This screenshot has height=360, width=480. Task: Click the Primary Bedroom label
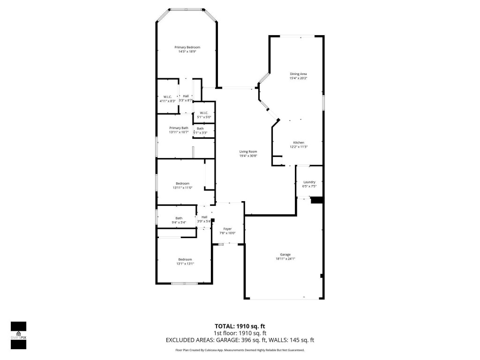(x=187, y=47)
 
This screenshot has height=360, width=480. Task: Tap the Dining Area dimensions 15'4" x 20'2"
(x=298, y=78)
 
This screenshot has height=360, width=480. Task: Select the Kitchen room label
(x=299, y=142)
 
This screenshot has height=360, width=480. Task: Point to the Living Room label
(x=248, y=151)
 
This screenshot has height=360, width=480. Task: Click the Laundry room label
(x=309, y=182)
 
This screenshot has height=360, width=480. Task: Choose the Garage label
(x=285, y=255)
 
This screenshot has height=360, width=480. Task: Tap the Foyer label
(x=227, y=229)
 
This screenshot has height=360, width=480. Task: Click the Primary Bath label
(x=179, y=128)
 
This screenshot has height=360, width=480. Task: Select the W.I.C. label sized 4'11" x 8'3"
(x=167, y=97)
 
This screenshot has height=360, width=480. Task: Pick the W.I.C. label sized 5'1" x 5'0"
(x=204, y=112)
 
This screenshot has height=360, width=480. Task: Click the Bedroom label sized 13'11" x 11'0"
(x=182, y=183)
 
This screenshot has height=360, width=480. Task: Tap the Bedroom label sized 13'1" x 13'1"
(x=185, y=260)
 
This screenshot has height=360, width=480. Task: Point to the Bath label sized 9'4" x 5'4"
(x=179, y=218)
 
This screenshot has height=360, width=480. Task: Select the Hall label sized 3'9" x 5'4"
(x=204, y=217)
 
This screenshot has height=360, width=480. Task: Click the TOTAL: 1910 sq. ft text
(x=240, y=326)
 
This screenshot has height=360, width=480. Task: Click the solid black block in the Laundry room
(x=317, y=200)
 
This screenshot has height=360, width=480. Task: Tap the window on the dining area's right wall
(x=323, y=103)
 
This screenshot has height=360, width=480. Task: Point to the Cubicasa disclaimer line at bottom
(x=240, y=350)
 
